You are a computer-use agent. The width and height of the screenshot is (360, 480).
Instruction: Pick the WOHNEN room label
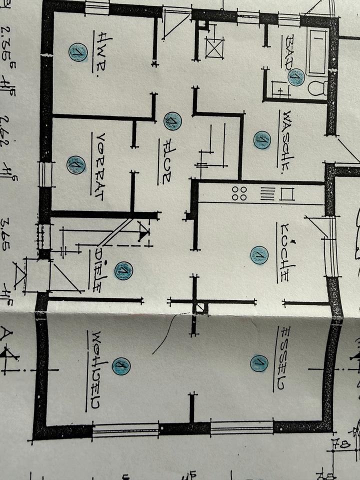click(x=93, y=370)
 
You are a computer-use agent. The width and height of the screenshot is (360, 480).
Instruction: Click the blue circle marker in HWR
click(x=78, y=52)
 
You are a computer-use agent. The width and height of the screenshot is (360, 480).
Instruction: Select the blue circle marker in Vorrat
click(x=76, y=164)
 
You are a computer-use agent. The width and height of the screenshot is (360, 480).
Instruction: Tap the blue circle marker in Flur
click(x=172, y=120)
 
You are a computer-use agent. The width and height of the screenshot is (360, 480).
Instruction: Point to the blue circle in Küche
click(x=259, y=255)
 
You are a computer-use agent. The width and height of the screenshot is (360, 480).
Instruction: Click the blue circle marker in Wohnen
click(x=120, y=366)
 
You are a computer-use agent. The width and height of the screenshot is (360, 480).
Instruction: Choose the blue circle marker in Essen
click(x=259, y=363)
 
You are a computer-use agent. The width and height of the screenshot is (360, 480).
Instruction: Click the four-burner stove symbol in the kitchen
click(x=239, y=193)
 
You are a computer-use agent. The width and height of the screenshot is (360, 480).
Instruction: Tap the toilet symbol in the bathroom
click(x=317, y=88)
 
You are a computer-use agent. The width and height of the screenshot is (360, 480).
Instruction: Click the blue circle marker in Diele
click(x=123, y=270)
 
